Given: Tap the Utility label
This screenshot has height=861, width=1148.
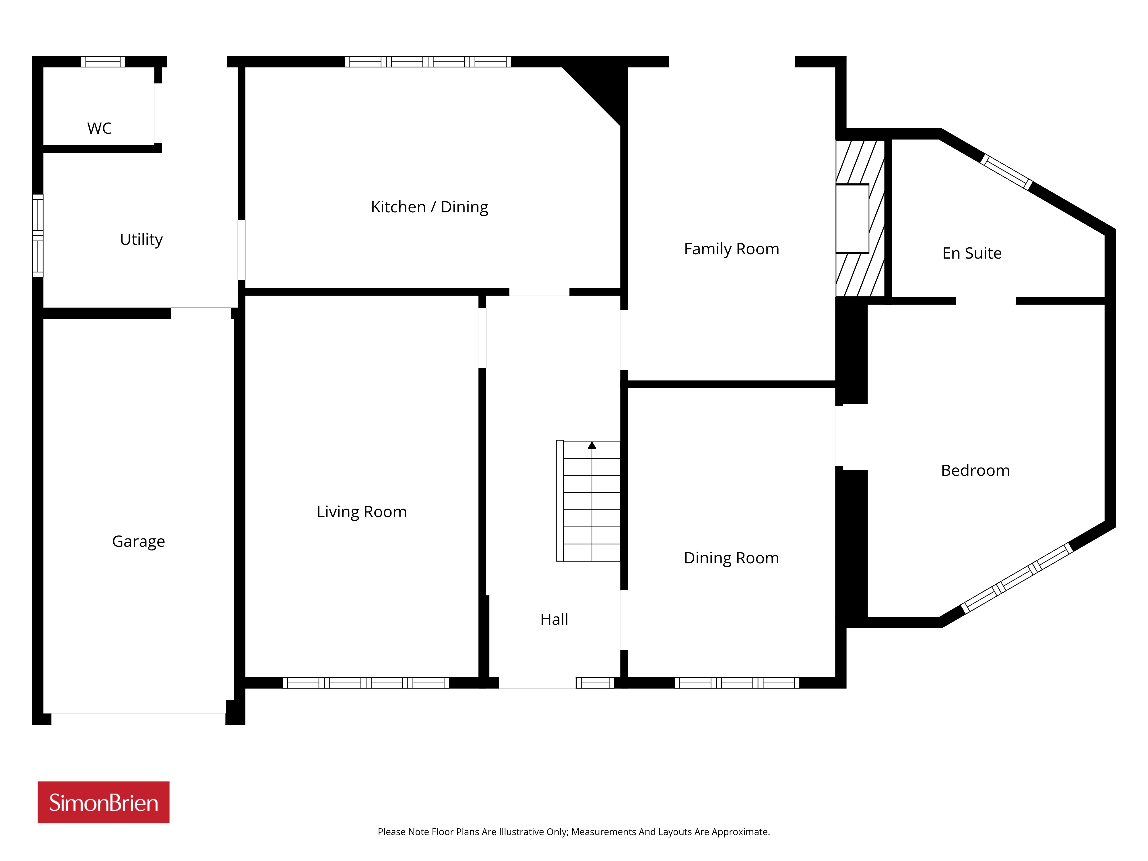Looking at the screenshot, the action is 141,239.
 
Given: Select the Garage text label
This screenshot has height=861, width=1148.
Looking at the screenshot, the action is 139,541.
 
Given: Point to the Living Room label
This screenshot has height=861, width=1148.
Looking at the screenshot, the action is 362,512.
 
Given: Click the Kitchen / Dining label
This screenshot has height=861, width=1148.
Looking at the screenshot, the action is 430,207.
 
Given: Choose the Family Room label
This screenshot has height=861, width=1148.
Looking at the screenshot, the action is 732,249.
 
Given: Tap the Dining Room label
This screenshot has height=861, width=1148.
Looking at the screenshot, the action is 732,558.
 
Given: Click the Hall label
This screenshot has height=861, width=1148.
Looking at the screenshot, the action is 554,619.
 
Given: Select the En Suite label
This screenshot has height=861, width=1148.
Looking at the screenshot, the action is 972,253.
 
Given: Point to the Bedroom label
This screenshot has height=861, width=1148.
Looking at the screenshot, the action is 976,470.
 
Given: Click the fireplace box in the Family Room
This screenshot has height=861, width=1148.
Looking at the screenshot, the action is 852,218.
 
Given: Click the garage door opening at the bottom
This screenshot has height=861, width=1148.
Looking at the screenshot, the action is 139,719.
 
